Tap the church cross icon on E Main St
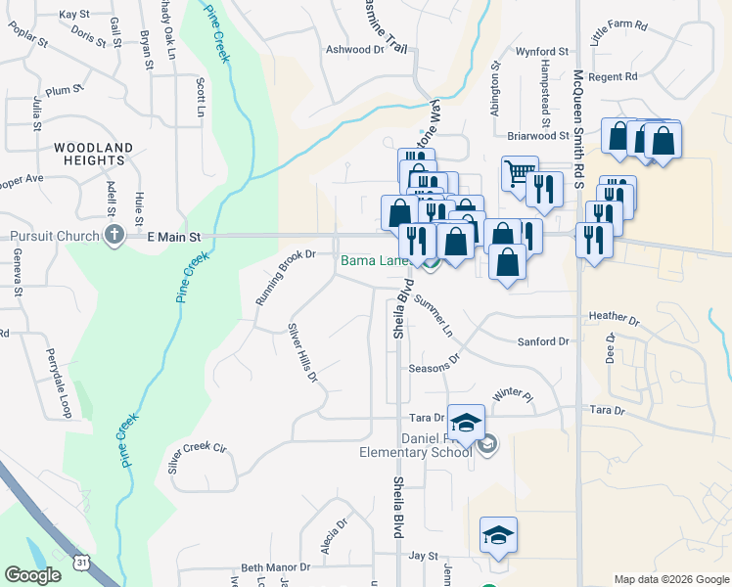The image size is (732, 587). coord(114,235)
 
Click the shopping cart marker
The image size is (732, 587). coord(520,174)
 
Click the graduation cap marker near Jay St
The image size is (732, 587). coord(498,535)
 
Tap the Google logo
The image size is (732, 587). coord(32,575)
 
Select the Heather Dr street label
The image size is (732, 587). coord(614,319)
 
